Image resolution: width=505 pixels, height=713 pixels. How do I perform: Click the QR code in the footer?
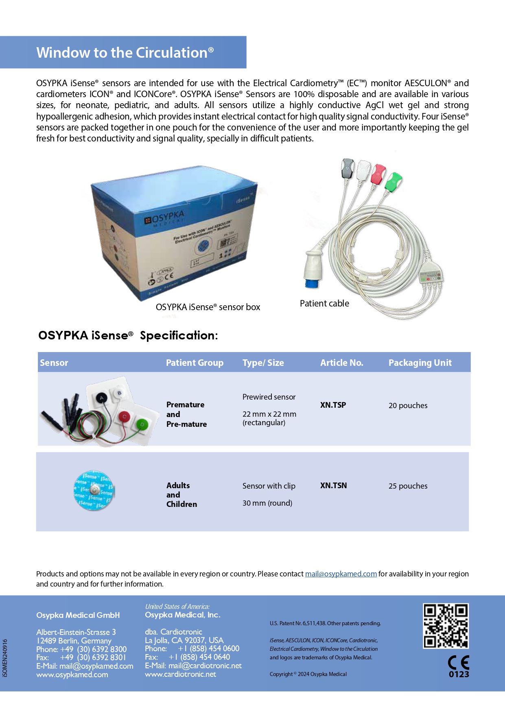click(446, 626)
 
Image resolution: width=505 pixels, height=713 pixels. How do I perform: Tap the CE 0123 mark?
click(459, 666)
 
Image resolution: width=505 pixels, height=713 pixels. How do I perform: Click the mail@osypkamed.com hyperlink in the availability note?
click(341, 574)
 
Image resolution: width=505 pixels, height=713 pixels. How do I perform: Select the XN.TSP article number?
click(333, 405)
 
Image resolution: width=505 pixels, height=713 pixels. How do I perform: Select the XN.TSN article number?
click(333, 485)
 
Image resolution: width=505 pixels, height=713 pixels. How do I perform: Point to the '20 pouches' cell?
click(408, 405)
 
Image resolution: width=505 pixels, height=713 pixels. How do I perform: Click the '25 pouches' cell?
click(408, 486)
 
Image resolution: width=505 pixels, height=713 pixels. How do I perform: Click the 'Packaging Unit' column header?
click(420, 363)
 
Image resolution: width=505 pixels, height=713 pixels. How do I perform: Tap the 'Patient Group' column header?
click(195, 363)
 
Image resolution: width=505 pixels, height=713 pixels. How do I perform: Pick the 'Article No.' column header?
click(341, 363)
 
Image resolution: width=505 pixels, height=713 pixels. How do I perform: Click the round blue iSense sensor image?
click(94, 491)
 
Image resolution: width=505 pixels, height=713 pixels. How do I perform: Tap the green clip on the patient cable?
click(393, 182)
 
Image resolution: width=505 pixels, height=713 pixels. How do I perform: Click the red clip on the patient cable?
click(378, 174)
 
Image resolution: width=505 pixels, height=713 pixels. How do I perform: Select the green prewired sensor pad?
click(142, 424)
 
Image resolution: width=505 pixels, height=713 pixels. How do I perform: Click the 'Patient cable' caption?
click(324, 303)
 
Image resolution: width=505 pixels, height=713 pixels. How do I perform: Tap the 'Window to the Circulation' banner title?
click(125, 52)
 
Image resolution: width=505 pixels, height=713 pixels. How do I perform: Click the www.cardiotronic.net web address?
click(180, 674)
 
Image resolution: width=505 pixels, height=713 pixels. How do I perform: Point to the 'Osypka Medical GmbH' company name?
click(78, 615)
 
